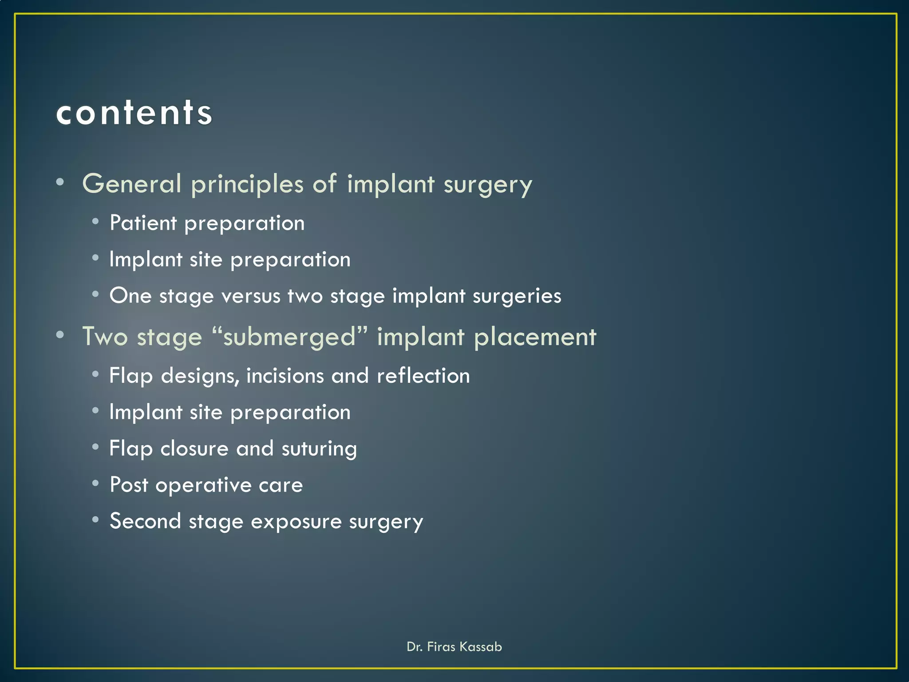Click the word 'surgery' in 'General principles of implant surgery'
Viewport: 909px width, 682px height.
pos(488,185)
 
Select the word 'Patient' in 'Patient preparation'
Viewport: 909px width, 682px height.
pos(143,223)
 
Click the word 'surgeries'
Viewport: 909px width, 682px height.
pos(517,297)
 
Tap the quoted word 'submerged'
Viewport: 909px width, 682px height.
pos(289,337)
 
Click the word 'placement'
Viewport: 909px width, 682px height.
pos(535,337)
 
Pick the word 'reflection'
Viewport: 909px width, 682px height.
pos(423,376)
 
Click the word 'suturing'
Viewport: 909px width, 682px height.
pos(319,449)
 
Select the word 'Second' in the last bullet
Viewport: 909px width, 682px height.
pos(145,521)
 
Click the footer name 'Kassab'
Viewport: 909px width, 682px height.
pos(480,647)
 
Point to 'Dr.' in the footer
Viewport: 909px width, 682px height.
pos(414,647)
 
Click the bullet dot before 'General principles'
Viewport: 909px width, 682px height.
pos(60,182)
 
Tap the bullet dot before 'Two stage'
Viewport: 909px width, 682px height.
pos(60,334)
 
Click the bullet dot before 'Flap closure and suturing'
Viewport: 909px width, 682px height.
pos(95,447)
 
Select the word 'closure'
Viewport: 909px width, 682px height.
pos(194,448)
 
